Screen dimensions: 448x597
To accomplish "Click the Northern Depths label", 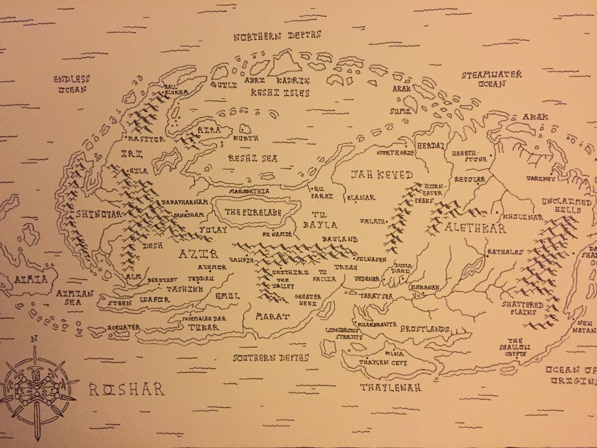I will [x=277, y=37].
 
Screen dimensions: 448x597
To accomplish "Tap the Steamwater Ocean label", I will [x=491, y=79].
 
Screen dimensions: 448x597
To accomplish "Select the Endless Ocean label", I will [x=72, y=84].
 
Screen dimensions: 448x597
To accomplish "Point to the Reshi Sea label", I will [x=253, y=158].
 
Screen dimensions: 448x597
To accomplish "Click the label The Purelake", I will [x=253, y=212].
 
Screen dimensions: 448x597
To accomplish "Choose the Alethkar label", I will [x=476, y=228].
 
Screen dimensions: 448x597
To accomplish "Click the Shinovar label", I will [x=99, y=214].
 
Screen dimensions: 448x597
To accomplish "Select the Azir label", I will [x=198, y=254].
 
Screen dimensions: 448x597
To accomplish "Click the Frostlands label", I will [x=425, y=329].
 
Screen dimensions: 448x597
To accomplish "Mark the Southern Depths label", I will [x=271, y=358].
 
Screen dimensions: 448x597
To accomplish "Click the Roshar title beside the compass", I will [x=126, y=389].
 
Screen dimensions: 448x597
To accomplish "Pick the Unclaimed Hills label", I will [x=567, y=206].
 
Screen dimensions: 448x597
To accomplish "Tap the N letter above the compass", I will [x=34, y=339].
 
